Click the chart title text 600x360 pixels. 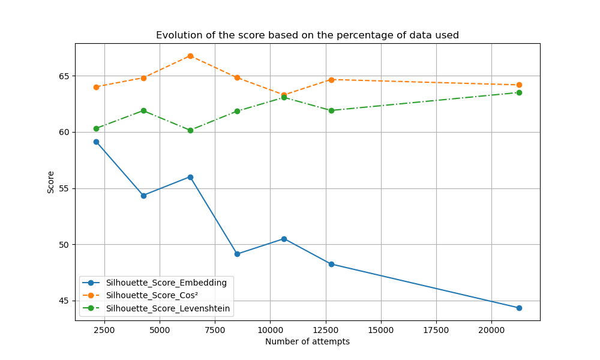(307, 35)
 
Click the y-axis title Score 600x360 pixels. (51, 182)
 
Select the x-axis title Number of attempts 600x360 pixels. (307, 341)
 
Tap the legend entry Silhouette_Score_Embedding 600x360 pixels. (166, 283)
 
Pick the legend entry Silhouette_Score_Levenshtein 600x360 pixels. (168, 309)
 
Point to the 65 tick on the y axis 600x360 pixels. (64, 76)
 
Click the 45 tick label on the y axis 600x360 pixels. (64, 301)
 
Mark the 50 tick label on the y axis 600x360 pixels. (64, 245)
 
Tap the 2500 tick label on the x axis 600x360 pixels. (104, 329)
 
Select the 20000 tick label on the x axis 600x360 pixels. (491, 329)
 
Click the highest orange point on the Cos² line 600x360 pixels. (190, 56)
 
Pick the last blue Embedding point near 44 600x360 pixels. (519, 308)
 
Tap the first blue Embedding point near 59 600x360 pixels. (96, 142)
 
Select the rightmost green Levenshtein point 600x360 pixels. (519, 92)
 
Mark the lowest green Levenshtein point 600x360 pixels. (190, 130)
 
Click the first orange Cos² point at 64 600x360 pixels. (96, 87)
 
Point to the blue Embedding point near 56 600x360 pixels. (190, 177)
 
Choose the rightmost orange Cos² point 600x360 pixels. (519, 85)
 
